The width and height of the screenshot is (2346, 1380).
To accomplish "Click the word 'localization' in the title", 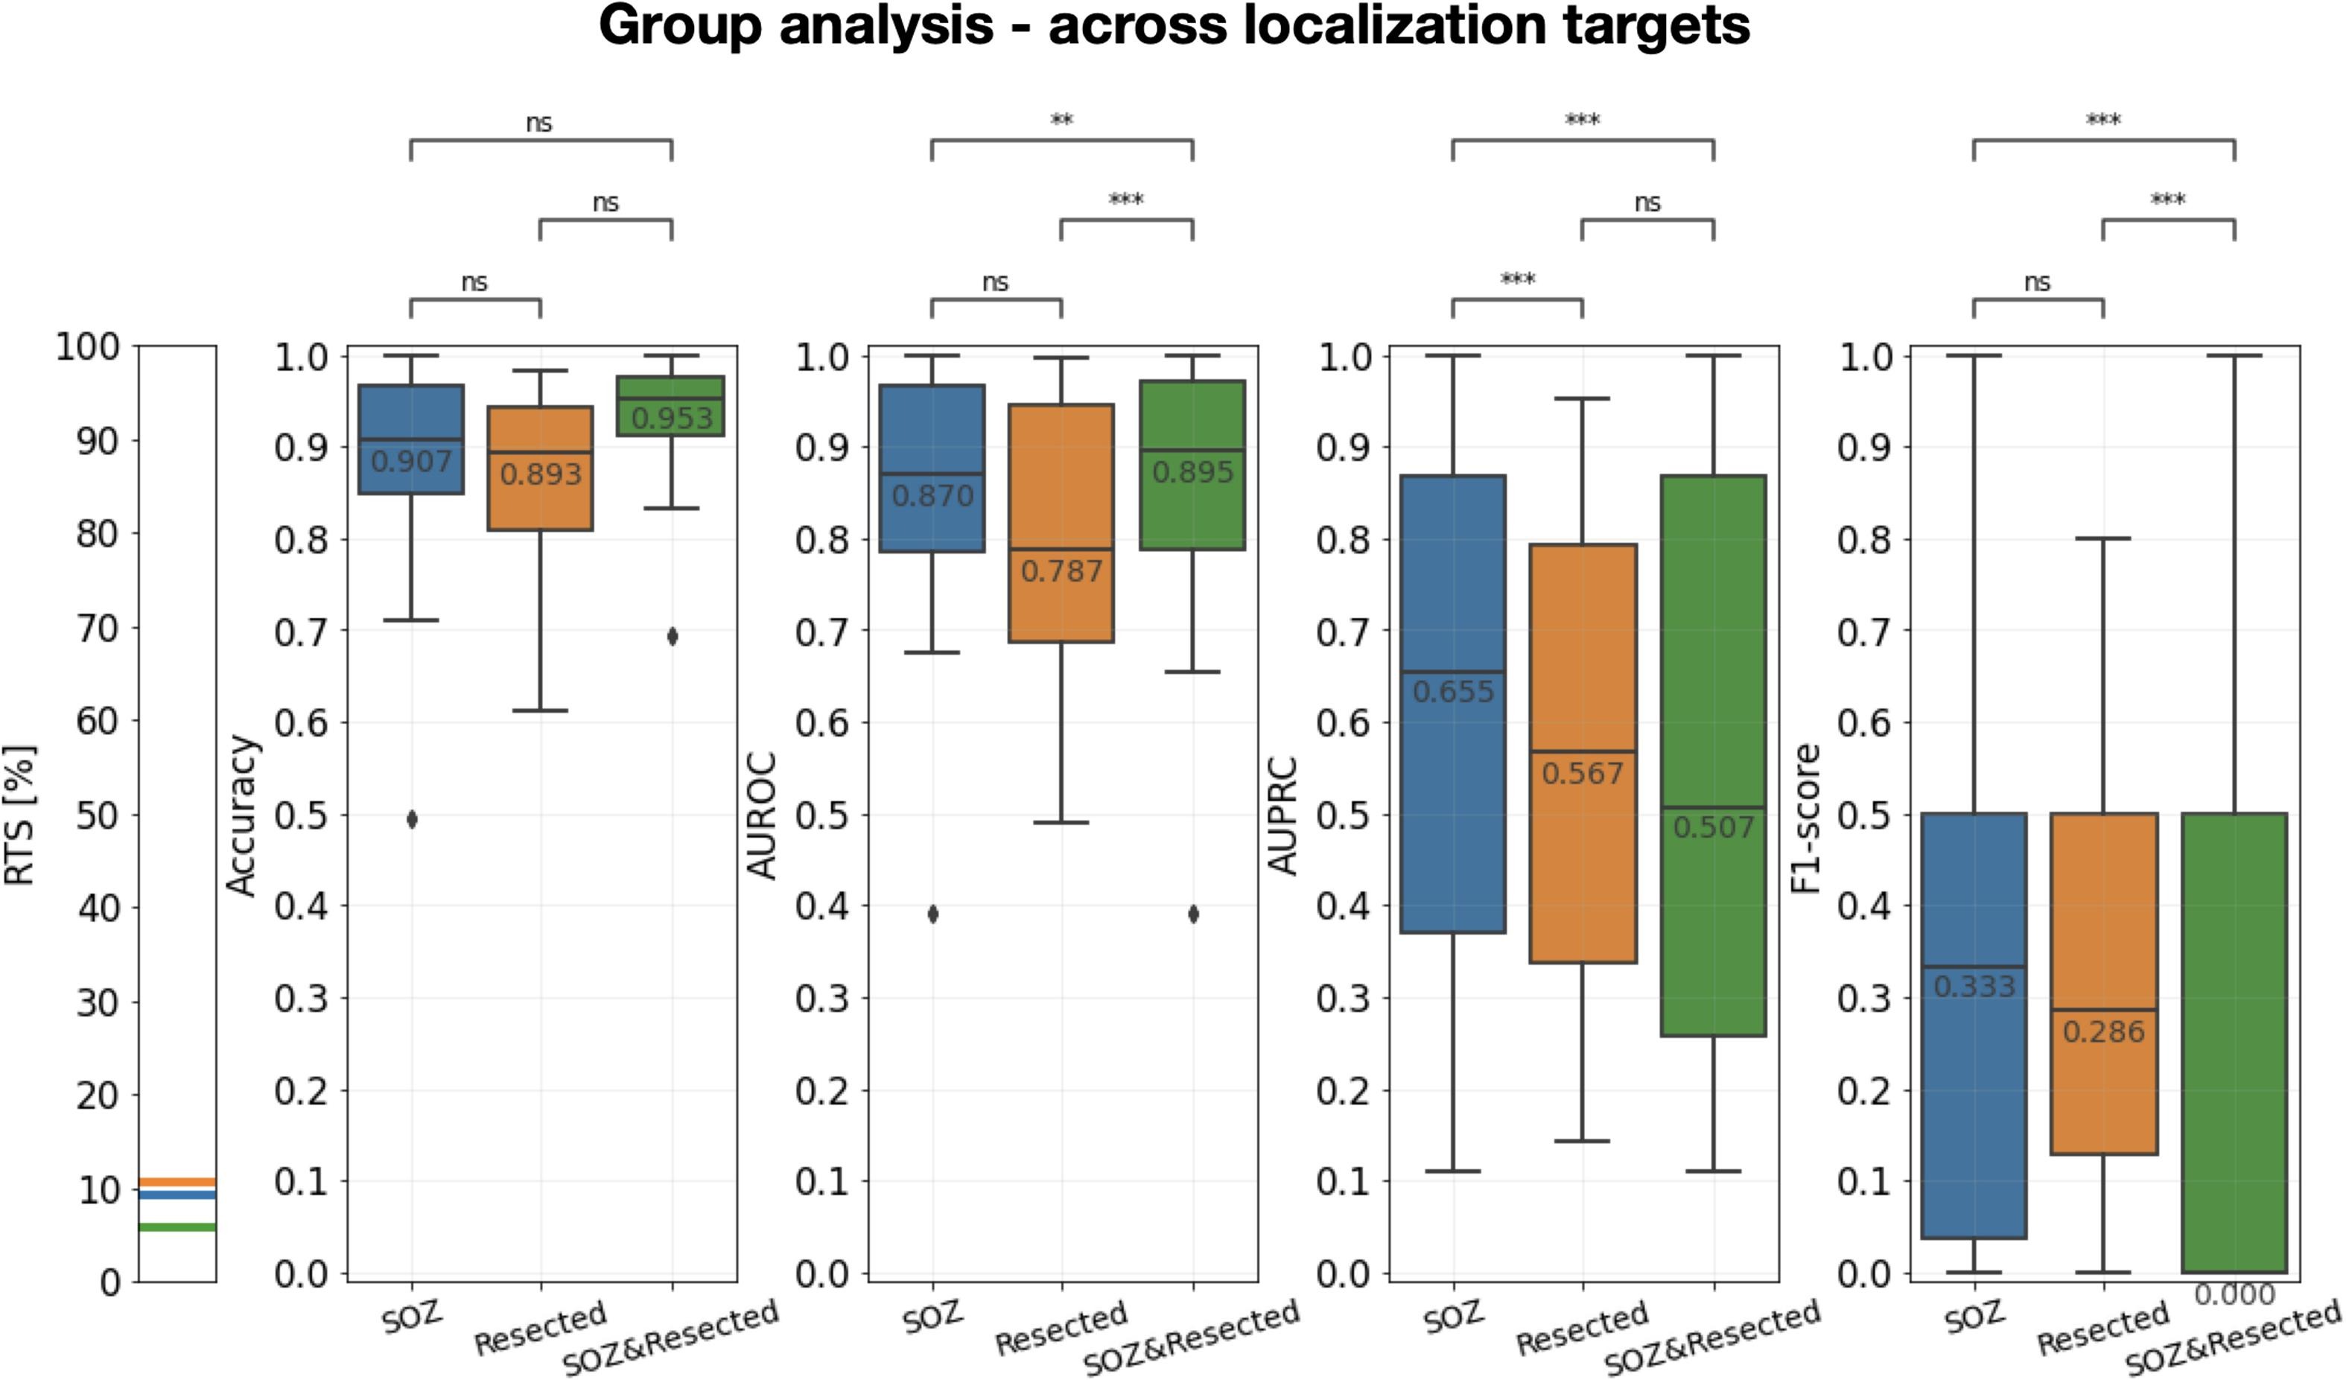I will (x=1396, y=26).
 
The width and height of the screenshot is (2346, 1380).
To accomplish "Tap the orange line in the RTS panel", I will (x=177, y=1182).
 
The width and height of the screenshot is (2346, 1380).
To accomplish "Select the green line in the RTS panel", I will (x=177, y=1227).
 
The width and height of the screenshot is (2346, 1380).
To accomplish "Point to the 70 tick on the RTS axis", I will (x=98, y=628).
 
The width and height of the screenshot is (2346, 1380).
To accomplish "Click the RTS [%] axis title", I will (x=21, y=815).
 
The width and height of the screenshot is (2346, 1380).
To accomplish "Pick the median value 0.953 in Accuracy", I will (x=672, y=418).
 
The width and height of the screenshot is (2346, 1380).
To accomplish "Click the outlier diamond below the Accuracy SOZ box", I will (x=411, y=819).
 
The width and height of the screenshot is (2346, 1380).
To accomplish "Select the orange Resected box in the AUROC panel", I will (x=1061, y=484).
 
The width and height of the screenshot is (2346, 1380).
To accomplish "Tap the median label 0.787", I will (x=1061, y=570).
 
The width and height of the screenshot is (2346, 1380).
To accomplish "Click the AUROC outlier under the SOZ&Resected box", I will (x=1193, y=915).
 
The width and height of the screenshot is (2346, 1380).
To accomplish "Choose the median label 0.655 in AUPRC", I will (x=1453, y=692).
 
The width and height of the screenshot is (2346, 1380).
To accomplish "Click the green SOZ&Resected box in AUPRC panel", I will (x=1713, y=652).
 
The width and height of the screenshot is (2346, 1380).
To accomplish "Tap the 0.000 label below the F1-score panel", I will (x=2234, y=1294).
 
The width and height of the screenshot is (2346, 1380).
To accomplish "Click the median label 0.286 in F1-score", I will (x=2104, y=1031).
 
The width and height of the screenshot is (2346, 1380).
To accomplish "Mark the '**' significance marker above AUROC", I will (x=1061, y=120).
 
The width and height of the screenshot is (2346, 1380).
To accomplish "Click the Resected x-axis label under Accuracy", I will (x=540, y=1329).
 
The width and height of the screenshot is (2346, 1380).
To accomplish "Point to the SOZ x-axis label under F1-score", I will (x=1974, y=1316).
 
